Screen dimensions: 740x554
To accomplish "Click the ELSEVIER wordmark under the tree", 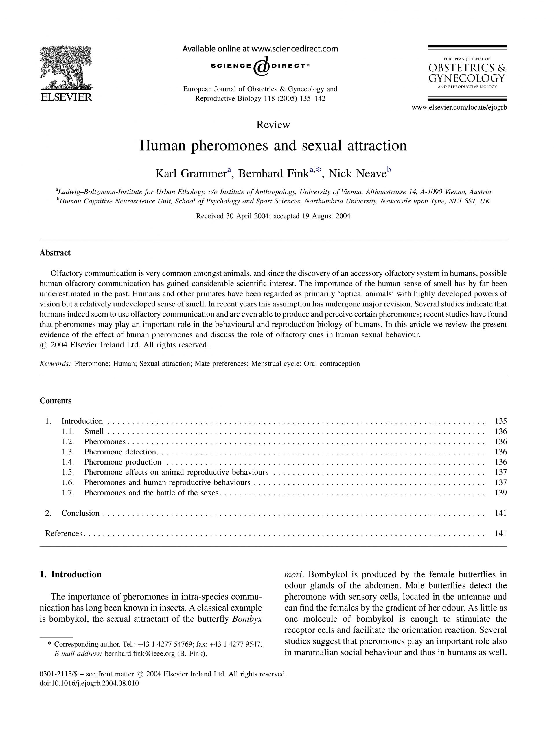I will (x=66, y=98).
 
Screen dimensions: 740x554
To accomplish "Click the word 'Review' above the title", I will (x=273, y=125).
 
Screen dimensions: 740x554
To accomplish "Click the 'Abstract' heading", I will (x=55, y=253).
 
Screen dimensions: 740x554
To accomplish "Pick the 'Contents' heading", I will (x=56, y=400).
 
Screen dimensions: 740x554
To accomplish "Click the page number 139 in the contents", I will (x=500, y=493).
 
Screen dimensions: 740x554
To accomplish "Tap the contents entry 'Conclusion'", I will (x=80, y=513).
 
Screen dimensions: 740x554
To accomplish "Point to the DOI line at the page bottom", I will (x=89, y=683).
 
